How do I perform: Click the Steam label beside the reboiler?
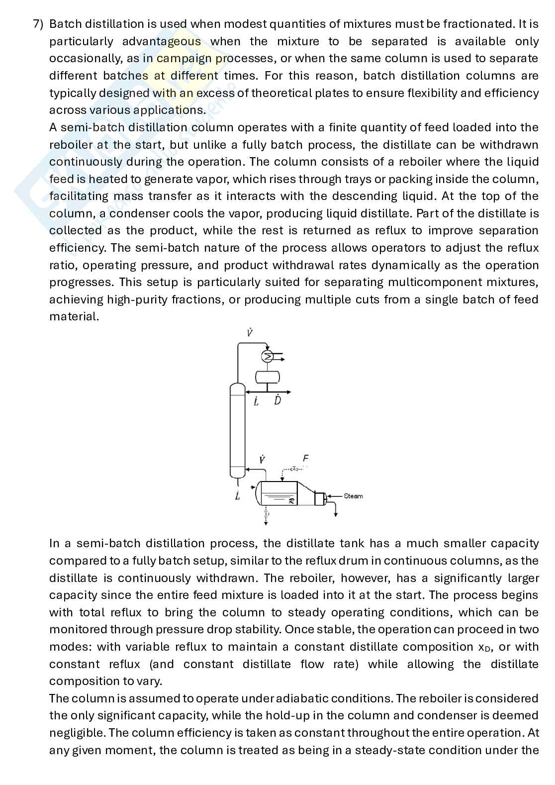coord(353,496)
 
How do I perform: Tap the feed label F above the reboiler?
coord(305,458)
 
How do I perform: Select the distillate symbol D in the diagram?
coord(277,400)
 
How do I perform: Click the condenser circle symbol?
coord(268,356)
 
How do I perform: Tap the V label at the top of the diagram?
coord(250,332)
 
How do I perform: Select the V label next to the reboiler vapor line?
coord(262,459)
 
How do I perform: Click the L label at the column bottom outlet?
coord(238,496)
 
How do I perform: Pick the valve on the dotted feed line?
coord(295,468)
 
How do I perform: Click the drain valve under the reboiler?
coord(266,513)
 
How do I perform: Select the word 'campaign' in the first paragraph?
coord(184,59)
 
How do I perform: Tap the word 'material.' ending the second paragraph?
coord(74,317)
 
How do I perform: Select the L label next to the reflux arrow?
coord(256,401)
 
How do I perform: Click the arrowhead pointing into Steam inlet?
coord(331,496)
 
